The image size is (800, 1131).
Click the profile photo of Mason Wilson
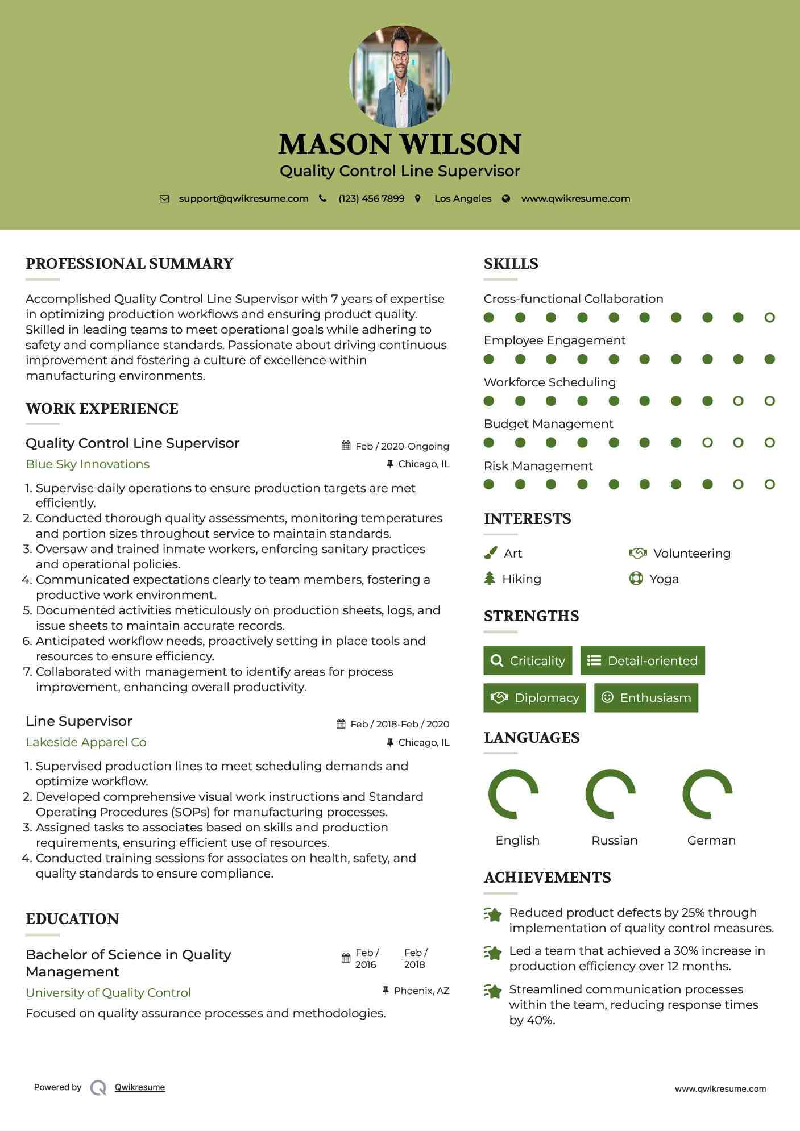[x=400, y=76]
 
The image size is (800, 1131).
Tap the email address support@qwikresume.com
[x=243, y=198]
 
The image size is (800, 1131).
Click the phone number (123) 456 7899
[x=371, y=198]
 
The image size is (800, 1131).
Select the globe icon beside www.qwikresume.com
[x=506, y=198]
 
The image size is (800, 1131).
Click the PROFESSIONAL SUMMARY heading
[x=130, y=264]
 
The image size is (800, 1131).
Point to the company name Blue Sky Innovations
[x=88, y=464]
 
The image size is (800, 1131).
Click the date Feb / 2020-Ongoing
[x=401, y=446]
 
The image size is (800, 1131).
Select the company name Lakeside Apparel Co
[x=86, y=742]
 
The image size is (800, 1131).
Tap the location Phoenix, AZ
[x=421, y=991]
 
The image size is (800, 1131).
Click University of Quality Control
[x=108, y=993]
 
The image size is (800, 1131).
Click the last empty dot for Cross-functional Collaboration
[x=769, y=318]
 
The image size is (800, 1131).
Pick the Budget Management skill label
[x=548, y=424]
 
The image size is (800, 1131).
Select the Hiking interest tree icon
[x=490, y=579]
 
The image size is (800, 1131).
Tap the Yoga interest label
[x=664, y=579]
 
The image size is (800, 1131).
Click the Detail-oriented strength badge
[x=643, y=660]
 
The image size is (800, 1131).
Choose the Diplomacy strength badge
[x=534, y=698]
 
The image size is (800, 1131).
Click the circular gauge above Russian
[x=611, y=794]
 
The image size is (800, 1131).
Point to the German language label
[x=711, y=841]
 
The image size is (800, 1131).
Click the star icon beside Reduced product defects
[x=492, y=914]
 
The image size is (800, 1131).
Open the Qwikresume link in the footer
[x=140, y=1087]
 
